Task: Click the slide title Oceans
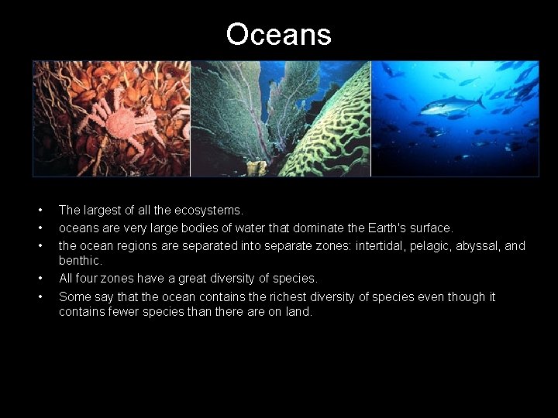[x=279, y=34]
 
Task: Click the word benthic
[x=80, y=261]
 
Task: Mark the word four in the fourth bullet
[x=91, y=278]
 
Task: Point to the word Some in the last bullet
[x=74, y=296]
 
